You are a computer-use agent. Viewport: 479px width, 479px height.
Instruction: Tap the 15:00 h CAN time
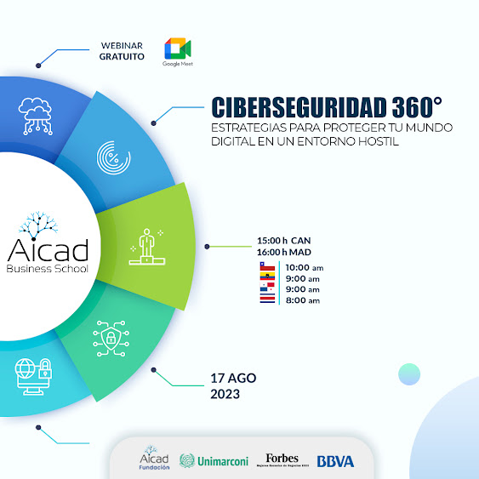284,240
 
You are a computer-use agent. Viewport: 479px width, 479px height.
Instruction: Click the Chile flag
265,267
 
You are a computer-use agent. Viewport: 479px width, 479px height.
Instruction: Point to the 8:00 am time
302,300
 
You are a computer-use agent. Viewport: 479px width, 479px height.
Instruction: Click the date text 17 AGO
233,377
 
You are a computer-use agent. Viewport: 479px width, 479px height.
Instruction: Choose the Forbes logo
282,460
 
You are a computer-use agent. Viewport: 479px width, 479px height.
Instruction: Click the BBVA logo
335,461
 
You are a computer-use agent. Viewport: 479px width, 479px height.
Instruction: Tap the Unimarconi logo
214,461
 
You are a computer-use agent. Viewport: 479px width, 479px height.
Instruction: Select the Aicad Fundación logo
154,459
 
